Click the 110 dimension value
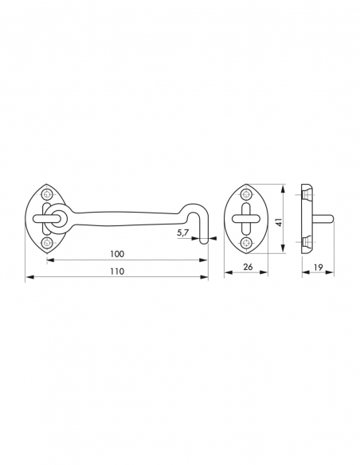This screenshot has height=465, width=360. [116, 271]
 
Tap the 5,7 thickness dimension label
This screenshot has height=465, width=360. [182, 233]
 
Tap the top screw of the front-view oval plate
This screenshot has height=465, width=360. [245, 195]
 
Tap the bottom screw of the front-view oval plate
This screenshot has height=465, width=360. [245, 240]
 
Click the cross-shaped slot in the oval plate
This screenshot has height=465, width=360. [245, 218]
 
